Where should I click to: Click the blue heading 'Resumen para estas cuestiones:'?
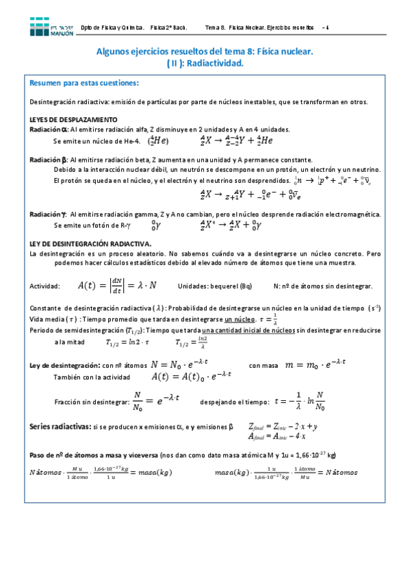pos(84,84)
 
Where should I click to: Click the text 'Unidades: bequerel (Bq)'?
pos(214,286)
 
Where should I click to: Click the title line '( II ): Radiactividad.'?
pos(205,62)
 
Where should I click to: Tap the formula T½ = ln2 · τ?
pos(128,342)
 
